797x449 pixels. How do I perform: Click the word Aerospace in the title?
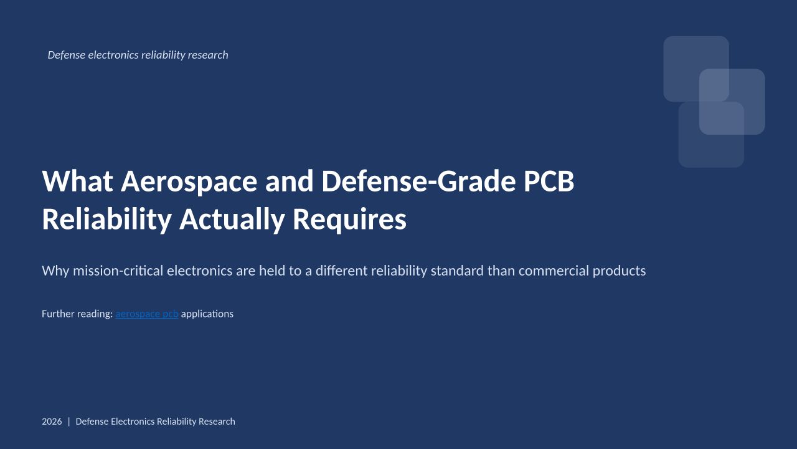pyautogui.click(x=189, y=181)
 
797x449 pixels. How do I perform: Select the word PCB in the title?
pyautogui.click(x=549, y=181)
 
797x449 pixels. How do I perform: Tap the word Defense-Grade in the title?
pyautogui.click(x=418, y=181)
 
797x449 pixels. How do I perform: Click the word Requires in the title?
pyautogui.click(x=349, y=220)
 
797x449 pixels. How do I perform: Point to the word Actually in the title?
pyautogui.click(x=232, y=220)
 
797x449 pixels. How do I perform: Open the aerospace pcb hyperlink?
pyautogui.click(x=147, y=314)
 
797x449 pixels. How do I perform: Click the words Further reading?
pyautogui.click(x=77, y=314)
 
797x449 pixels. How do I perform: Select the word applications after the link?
pyautogui.click(x=207, y=314)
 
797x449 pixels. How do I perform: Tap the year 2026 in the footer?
pyautogui.click(x=52, y=422)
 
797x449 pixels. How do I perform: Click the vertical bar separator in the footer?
pyautogui.click(x=69, y=422)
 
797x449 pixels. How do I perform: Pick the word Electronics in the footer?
pyautogui.click(x=133, y=422)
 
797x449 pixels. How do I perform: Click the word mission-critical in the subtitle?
pyautogui.click(x=118, y=271)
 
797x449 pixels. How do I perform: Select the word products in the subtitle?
pyautogui.click(x=620, y=271)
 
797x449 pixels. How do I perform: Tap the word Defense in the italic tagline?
pyautogui.click(x=67, y=55)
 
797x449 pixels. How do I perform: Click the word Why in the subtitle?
pyautogui.click(x=55, y=271)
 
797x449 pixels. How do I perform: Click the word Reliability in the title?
pyautogui.click(x=106, y=220)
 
